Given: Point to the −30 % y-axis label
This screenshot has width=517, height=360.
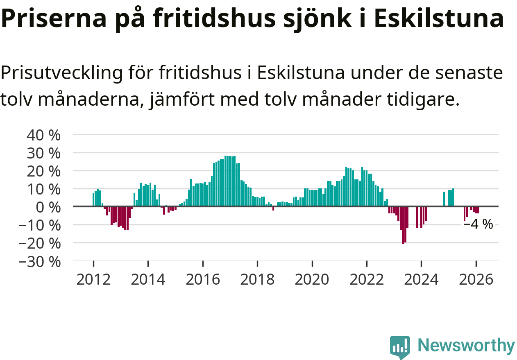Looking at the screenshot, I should [x=39, y=261].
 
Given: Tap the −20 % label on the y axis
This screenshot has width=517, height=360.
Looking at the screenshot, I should [x=39, y=243].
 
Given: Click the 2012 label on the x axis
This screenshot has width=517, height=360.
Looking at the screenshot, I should [x=93, y=279].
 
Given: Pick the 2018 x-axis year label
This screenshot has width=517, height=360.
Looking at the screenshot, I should [x=257, y=279].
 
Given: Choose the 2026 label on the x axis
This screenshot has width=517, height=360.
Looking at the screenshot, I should [x=476, y=279].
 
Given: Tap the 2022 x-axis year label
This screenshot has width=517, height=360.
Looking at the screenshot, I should [x=367, y=279].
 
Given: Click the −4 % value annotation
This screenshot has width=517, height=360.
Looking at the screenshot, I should [x=478, y=224].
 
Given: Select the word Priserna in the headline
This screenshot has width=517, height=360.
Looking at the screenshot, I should [x=51, y=18].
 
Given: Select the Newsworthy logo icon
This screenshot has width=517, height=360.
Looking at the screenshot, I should [x=399, y=347].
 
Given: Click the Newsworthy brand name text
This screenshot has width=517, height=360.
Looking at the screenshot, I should [x=466, y=346].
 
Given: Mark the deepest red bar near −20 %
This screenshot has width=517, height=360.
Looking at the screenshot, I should [x=403, y=225].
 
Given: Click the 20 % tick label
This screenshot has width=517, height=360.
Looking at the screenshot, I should [x=43, y=171].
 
